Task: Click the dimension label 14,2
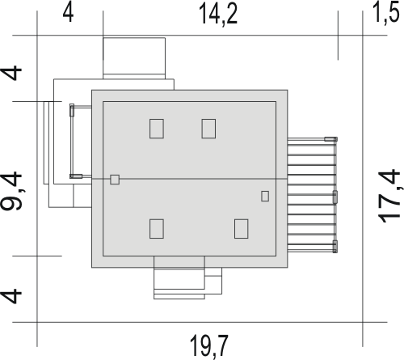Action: click(x=218, y=15)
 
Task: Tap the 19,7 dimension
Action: click(x=209, y=347)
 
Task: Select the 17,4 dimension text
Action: click(x=389, y=197)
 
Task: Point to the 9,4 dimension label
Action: click(x=12, y=191)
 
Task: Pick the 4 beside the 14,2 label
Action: click(x=68, y=13)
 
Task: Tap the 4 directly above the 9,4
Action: click(x=11, y=73)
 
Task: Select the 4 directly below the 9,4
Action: click(x=11, y=296)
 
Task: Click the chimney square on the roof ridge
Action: click(x=115, y=180)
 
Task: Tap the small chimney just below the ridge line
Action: click(x=265, y=196)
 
